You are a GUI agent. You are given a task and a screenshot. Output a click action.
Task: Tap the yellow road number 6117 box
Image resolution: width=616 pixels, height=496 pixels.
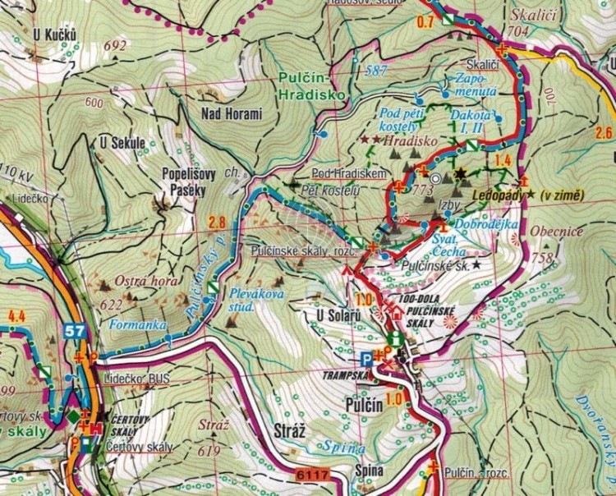[x=312, y=475]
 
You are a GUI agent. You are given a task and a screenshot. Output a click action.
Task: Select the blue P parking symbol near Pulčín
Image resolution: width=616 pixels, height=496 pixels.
[x=365, y=357]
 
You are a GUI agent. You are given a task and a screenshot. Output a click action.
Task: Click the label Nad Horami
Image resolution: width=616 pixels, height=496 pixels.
[x=231, y=114]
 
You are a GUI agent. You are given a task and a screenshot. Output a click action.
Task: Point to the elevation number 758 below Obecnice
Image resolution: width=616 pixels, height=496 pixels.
[x=543, y=258]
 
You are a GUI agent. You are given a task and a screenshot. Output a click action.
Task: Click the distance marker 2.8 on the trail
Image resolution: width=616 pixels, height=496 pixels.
[x=217, y=222]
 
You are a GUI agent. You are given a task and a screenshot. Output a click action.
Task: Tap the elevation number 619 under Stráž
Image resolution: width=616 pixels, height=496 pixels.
[x=211, y=450]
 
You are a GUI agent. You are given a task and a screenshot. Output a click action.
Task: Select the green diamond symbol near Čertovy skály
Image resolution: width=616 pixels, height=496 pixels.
[x=73, y=416]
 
